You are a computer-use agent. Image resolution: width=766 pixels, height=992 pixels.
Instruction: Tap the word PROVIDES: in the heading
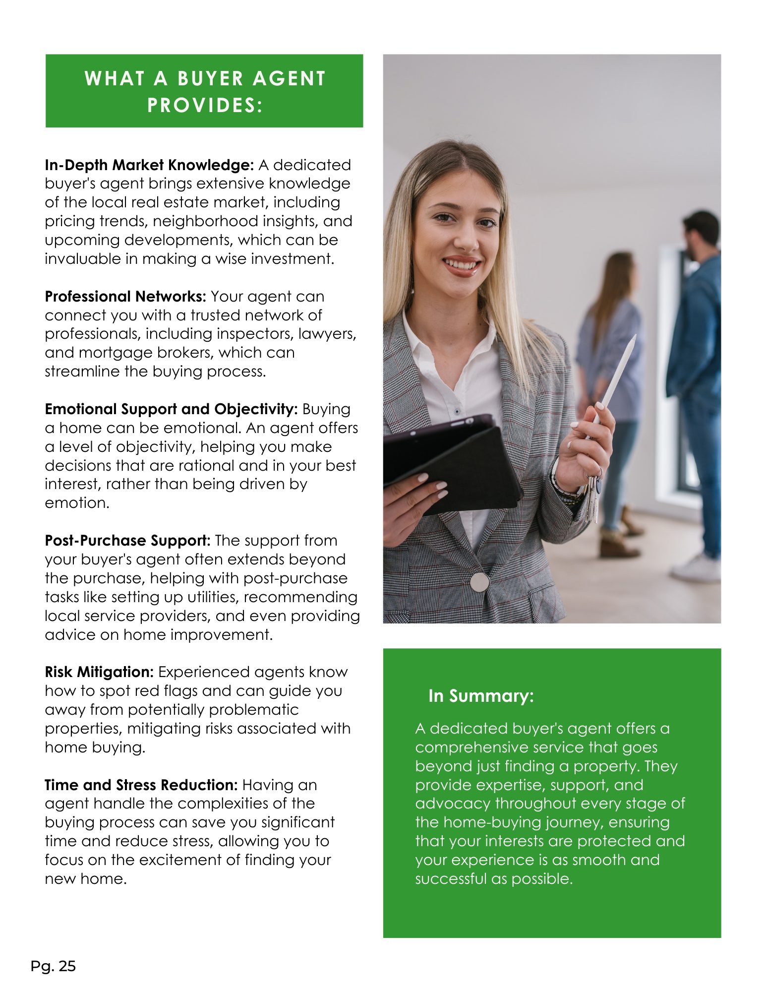click(x=204, y=105)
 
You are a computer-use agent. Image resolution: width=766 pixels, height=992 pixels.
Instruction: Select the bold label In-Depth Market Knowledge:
click(x=149, y=165)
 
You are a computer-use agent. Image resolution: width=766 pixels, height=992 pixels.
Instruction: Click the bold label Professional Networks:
click(x=125, y=297)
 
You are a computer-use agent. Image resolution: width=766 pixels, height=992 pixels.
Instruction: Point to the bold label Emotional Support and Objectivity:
click(x=171, y=409)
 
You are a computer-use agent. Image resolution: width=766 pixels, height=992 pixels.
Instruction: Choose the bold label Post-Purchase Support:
click(x=128, y=541)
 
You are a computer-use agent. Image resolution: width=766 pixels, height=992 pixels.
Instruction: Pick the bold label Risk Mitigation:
click(x=99, y=672)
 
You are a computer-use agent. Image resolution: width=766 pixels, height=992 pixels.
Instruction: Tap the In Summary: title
click(x=481, y=696)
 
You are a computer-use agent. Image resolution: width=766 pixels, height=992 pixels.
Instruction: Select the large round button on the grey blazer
click(x=479, y=582)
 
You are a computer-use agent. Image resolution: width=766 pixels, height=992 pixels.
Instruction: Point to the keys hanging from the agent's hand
click(x=592, y=498)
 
